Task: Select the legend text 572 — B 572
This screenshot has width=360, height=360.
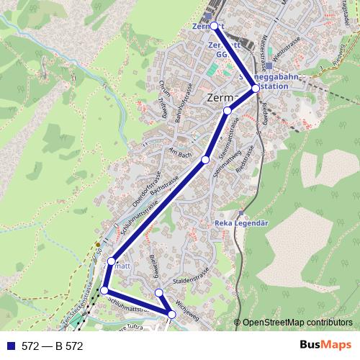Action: pyautogui.click(x=53, y=346)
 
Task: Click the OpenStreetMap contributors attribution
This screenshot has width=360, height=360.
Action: pyautogui.click(x=297, y=323)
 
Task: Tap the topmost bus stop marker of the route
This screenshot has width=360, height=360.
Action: pyautogui.click(x=214, y=26)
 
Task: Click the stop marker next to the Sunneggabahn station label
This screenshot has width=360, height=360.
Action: pyautogui.click(x=255, y=89)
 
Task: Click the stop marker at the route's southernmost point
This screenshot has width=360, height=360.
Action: pyautogui.click(x=172, y=313)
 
